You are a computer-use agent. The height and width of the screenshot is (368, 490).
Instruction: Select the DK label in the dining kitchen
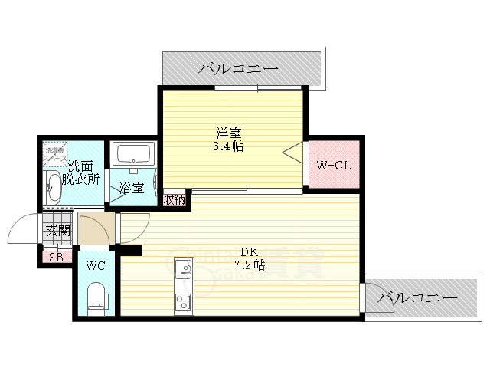tap(250, 251)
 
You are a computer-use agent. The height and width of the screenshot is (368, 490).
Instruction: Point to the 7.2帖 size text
tap(250, 265)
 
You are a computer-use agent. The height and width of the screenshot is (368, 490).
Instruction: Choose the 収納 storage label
tap(175, 200)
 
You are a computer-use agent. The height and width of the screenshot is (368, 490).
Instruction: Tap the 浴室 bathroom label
tap(131, 188)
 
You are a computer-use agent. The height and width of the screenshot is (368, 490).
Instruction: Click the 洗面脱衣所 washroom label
tap(83, 172)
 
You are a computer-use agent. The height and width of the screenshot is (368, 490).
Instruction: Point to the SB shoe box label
tap(56, 257)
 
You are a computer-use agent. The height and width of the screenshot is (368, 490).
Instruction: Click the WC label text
tap(96, 266)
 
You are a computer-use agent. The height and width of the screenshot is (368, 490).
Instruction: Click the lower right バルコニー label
tap(418, 296)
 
